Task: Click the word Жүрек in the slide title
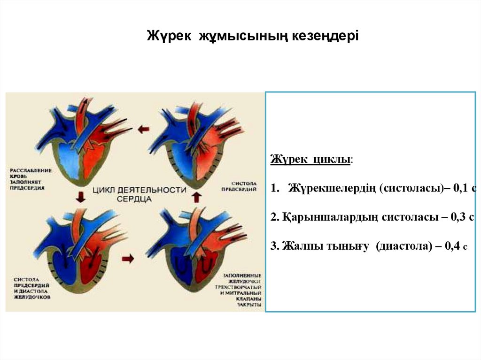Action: pos(170,36)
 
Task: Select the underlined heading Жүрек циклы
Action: pos(310,160)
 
